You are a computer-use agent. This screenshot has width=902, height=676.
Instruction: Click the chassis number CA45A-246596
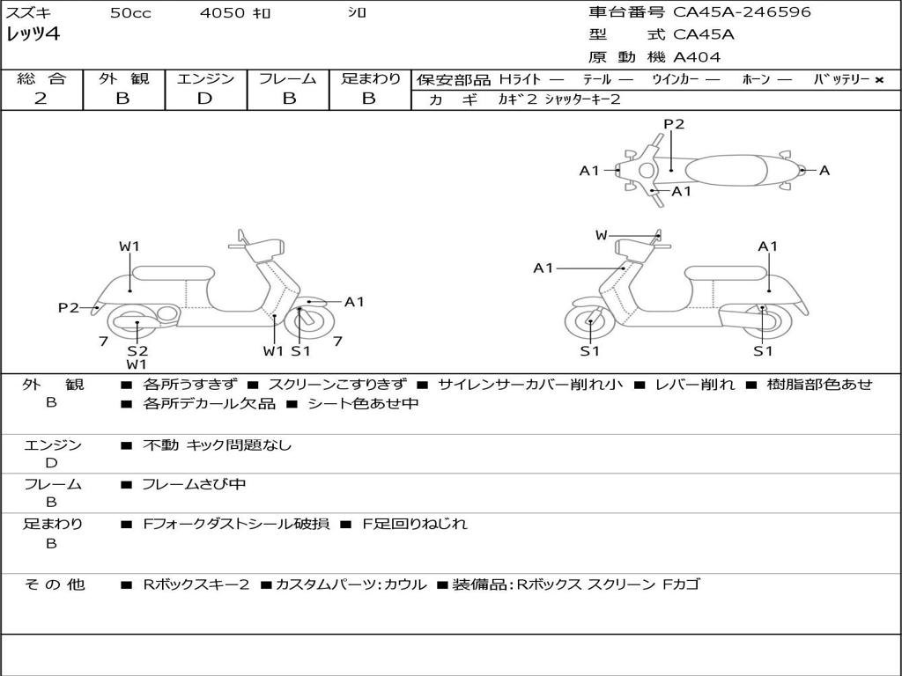(742, 12)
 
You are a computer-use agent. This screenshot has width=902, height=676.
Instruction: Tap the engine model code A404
(697, 57)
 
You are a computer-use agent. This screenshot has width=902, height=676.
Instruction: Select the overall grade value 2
(41, 99)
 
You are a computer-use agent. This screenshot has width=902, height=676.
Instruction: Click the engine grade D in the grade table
(204, 99)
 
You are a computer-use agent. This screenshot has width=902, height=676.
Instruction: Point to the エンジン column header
(205, 78)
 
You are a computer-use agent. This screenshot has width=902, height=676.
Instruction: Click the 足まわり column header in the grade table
(370, 78)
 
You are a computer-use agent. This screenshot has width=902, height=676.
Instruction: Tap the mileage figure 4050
(221, 13)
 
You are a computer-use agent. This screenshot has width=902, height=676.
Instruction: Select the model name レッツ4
(33, 35)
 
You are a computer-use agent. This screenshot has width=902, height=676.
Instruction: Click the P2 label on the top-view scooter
(674, 124)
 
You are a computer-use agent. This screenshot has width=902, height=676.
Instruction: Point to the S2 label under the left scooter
(137, 350)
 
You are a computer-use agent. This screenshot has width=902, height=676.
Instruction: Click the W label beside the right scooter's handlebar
(602, 235)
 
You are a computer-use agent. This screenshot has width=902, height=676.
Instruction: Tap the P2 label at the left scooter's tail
(69, 307)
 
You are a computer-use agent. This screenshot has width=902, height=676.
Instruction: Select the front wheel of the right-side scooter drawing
(589, 323)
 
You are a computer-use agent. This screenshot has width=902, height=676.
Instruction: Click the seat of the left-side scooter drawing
(174, 272)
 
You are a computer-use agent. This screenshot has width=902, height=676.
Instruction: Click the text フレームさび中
(195, 484)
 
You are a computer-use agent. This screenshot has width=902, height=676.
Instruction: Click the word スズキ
(28, 13)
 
